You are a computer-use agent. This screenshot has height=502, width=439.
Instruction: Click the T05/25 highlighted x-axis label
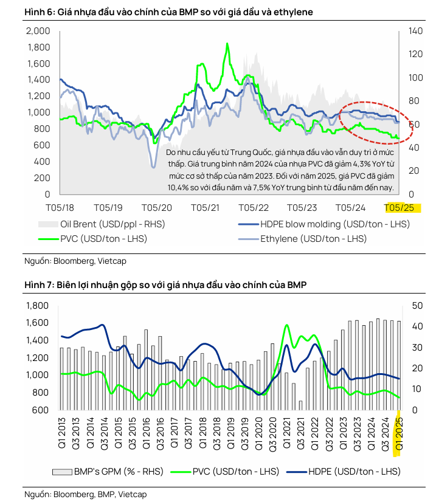point(403,208)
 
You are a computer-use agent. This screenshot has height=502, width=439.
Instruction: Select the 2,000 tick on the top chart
point(39,31)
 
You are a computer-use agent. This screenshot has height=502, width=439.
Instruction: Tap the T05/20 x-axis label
point(156,208)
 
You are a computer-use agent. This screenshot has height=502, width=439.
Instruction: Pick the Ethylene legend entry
point(313,239)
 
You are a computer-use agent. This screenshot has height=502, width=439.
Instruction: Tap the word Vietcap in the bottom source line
point(133,494)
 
